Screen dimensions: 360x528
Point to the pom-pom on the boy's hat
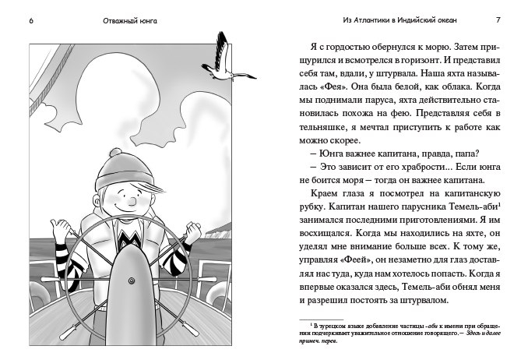[116, 154]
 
